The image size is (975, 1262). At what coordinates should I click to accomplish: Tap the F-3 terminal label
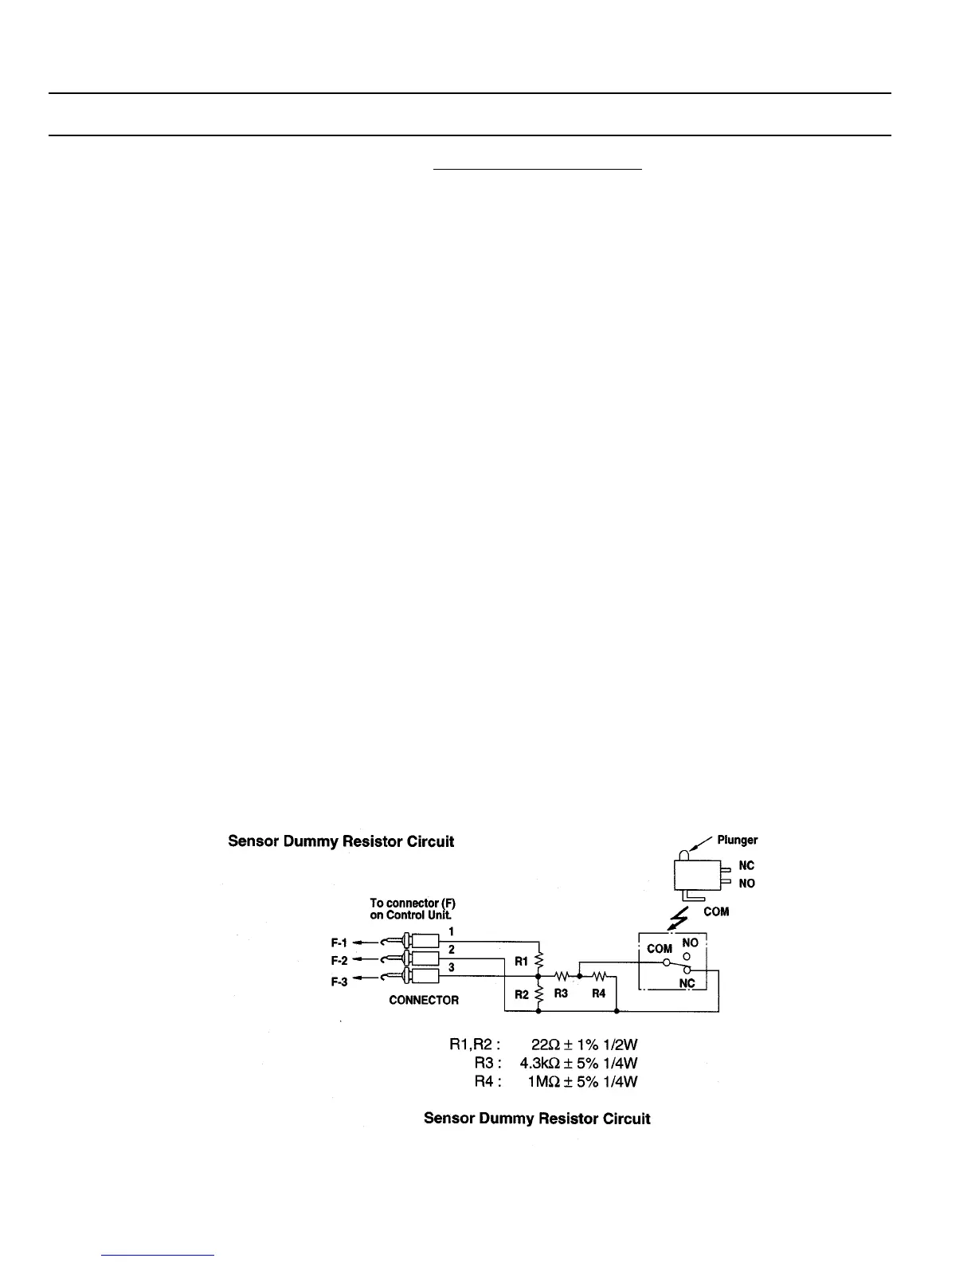[339, 982]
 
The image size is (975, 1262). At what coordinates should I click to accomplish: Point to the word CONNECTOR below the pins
[424, 1000]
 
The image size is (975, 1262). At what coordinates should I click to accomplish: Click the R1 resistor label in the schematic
[521, 962]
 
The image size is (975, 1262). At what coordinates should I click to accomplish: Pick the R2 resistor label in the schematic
[521, 994]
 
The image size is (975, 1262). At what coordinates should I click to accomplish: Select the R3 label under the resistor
[561, 994]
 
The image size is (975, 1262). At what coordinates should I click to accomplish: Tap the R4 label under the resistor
[599, 994]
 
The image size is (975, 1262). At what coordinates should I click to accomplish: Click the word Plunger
[737, 840]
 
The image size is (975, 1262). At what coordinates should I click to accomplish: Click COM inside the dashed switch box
[660, 949]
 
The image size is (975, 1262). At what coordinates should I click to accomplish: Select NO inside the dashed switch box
[690, 943]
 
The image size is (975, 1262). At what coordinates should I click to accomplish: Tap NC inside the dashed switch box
[687, 983]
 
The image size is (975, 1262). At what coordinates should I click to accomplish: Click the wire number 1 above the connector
[452, 931]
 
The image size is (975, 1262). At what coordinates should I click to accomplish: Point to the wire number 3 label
[452, 967]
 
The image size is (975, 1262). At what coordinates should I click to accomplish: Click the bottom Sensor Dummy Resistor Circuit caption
[537, 1119]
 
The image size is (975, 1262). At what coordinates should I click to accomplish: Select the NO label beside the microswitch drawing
[746, 884]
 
